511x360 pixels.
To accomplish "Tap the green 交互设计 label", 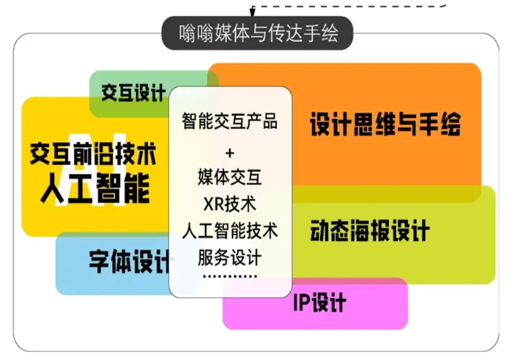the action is coord(133,93).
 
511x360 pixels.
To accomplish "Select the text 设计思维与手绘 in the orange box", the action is coord(385,124).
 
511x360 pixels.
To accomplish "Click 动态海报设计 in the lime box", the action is coord(370,231).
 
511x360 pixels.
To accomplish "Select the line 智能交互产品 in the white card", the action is coord(229,121).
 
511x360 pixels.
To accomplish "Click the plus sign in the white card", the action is coord(229,153).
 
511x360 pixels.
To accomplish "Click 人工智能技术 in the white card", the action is coord(229,231).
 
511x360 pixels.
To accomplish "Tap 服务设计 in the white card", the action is coord(229,258).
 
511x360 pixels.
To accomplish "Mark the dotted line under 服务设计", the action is coord(229,277).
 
